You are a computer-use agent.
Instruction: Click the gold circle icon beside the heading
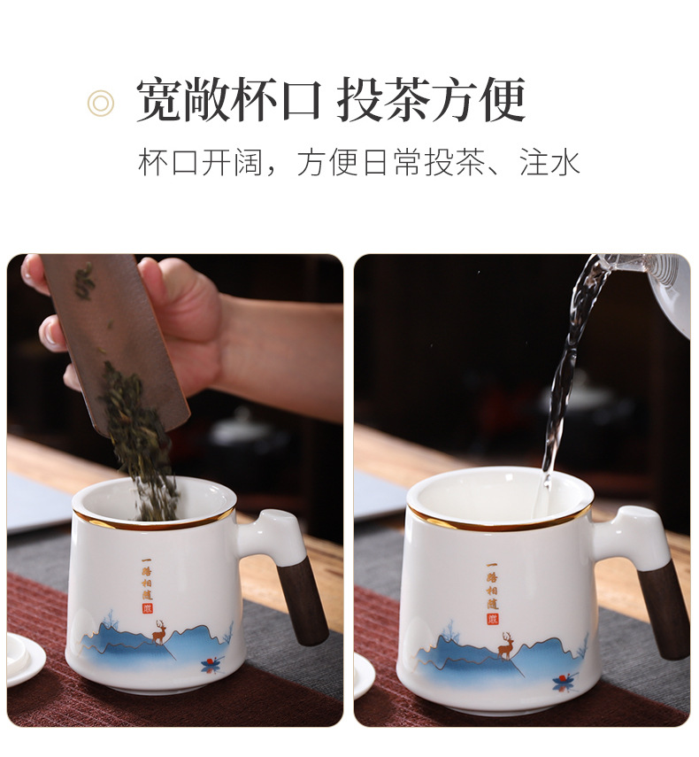tap(101, 103)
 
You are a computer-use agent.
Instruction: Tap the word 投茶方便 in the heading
tap(431, 100)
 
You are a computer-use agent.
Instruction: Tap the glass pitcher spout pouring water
tap(619, 266)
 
